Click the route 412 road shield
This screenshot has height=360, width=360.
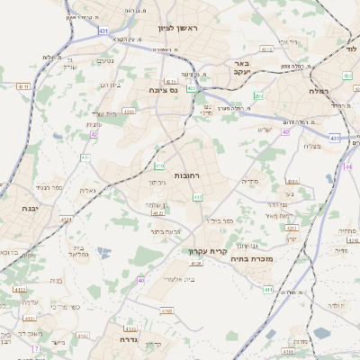198,197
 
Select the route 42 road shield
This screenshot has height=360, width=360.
93,134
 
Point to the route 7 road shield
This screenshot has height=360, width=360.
36,348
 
